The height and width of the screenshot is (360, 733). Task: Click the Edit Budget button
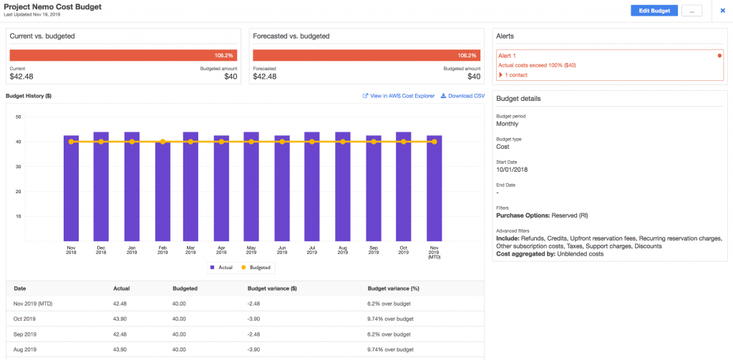(x=654, y=11)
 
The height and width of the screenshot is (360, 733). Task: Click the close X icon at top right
(x=722, y=11)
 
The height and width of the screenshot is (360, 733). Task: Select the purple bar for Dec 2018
(x=101, y=188)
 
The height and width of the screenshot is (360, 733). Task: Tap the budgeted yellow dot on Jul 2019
(x=312, y=142)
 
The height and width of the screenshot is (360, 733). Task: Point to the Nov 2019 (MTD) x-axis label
(x=434, y=251)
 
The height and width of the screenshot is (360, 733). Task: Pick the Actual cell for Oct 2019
(x=120, y=318)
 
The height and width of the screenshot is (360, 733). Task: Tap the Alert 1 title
(x=508, y=54)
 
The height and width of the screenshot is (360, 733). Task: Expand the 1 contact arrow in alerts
(x=501, y=75)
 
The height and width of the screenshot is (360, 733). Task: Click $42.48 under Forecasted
(x=264, y=77)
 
